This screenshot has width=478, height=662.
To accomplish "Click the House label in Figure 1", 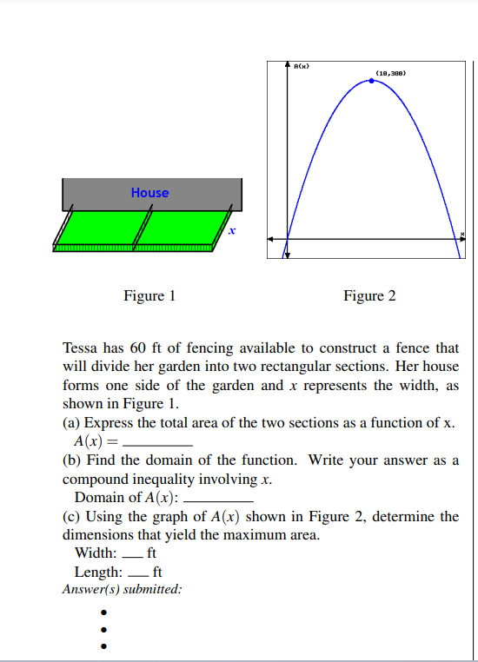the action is point(149,193).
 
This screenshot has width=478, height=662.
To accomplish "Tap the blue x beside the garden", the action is point(232,231).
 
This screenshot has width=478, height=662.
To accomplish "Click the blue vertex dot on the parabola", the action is point(373,80).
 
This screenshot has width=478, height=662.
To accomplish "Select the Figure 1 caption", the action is point(149,296).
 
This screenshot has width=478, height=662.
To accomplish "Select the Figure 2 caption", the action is point(369,296).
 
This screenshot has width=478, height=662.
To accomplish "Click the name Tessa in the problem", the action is point(81,348).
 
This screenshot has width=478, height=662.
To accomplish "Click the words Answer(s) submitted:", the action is point(123,589).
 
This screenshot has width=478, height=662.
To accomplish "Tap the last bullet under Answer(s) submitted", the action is point(103,645).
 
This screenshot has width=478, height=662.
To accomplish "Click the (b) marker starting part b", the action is point(72,460).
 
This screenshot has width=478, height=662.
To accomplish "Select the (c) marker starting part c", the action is point(72,517).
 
